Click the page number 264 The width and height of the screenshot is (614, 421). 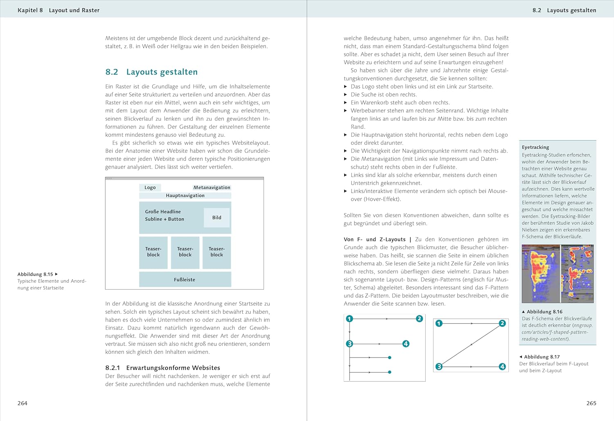point(23,403)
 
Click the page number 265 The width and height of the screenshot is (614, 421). point(591,403)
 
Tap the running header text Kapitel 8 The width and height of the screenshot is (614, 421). point(30,10)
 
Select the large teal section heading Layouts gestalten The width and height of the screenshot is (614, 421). point(162,72)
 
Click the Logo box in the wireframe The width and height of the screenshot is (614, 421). point(150,187)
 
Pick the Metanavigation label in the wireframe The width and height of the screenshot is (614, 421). point(212,187)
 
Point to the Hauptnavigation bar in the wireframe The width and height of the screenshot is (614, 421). point(185,196)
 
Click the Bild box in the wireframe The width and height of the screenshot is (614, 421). point(217,218)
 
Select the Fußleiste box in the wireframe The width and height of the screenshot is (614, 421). point(185,280)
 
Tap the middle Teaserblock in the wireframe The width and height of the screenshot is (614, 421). point(185,252)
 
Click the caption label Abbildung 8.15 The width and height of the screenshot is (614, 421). point(35,275)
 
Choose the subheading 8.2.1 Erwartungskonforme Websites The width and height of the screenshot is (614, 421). point(163,368)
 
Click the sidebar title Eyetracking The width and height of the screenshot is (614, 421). point(535,147)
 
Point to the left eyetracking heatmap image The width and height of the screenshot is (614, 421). point(540,273)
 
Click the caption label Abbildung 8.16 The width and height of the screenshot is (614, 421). point(544,312)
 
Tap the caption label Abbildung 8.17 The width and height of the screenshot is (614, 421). point(542,357)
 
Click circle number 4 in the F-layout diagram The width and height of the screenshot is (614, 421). point(406,344)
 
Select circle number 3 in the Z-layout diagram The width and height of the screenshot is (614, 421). point(439,367)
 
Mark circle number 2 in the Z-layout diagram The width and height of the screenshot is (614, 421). point(502,323)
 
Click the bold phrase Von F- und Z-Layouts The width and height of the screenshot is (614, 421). point(374,240)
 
